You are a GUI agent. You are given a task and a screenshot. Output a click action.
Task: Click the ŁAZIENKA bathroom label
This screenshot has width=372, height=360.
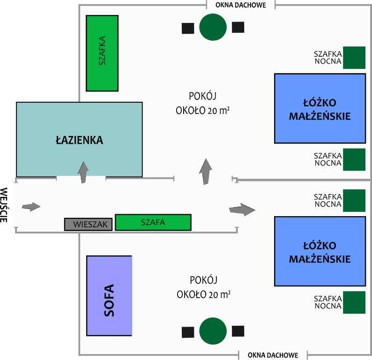pos(79,140)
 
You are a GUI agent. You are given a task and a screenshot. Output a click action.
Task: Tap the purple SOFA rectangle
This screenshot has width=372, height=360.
pos(109,295)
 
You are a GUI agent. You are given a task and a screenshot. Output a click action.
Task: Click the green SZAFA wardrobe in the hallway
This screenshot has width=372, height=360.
pos(153,223)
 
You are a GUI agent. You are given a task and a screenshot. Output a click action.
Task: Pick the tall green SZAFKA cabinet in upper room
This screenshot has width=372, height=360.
pos(102,53)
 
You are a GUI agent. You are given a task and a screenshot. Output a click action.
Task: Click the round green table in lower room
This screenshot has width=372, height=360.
pos(213,331)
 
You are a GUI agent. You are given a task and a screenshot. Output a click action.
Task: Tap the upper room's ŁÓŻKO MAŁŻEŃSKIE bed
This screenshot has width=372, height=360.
pos(320,108)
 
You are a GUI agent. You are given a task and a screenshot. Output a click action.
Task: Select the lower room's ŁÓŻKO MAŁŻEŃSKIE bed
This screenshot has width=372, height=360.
pos(320,251)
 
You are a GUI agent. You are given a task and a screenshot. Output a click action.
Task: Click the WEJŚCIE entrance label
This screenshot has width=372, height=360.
pos(5,205)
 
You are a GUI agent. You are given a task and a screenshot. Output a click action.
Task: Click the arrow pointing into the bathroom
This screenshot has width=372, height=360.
pos(83,172)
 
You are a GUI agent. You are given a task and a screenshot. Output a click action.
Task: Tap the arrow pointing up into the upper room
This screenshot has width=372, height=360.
pos(205,171)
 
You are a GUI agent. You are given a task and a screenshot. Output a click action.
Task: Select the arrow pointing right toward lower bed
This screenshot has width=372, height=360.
pos(242,210)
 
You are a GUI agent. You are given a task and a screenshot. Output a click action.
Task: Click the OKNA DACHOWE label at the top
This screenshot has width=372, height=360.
pos(241,6)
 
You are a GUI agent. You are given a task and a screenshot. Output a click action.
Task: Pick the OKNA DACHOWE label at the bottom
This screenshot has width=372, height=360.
pos(273,354)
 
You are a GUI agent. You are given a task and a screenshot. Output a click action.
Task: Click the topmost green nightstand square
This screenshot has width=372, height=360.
pos(354,58)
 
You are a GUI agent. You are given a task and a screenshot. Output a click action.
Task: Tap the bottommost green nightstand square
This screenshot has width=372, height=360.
pos(354,302)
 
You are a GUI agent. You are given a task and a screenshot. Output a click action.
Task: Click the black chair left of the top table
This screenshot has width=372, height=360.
pos(188,28)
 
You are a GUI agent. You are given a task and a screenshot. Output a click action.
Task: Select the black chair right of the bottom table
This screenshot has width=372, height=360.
pos(238,331)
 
